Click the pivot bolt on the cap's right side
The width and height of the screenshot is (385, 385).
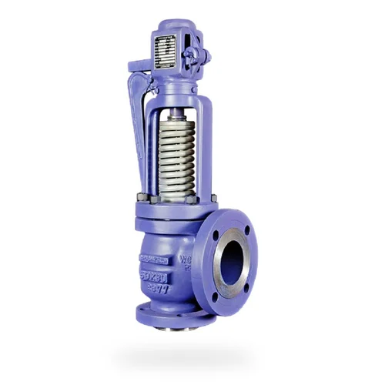196,55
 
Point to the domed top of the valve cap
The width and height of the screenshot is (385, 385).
173,28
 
